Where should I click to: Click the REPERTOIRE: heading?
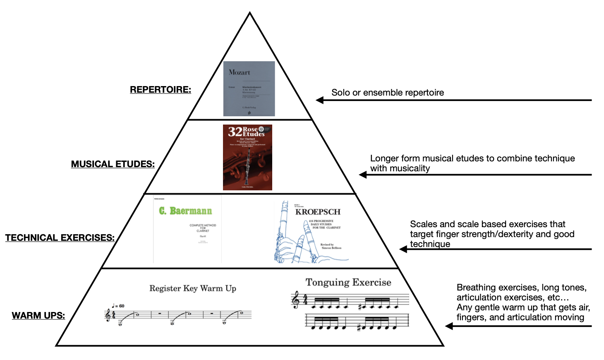click(161, 90)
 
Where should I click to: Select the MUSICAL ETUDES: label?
click(113, 164)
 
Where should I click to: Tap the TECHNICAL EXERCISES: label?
click(60, 238)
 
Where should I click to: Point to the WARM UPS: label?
click(38, 316)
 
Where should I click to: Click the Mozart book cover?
click(249, 89)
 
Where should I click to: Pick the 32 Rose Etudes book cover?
click(247, 157)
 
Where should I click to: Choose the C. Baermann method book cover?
click(187, 229)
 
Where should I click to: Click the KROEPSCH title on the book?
click(318, 212)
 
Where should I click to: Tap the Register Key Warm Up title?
click(193, 288)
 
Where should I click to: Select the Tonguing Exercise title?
click(348, 282)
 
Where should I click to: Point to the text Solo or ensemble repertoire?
click(388, 93)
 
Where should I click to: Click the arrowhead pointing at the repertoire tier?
click(320, 100)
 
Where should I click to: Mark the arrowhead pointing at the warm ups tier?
click(449, 326)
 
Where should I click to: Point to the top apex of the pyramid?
click(250, 14)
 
